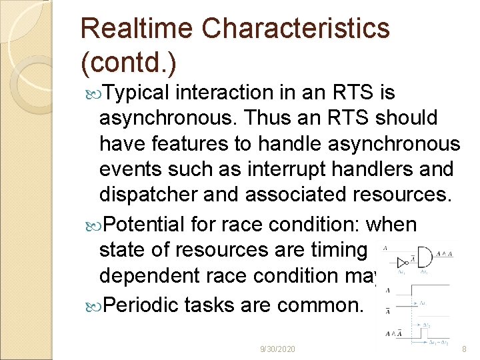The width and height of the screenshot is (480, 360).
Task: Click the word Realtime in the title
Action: point(137,28)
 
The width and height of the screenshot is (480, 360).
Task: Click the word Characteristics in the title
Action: point(296,28)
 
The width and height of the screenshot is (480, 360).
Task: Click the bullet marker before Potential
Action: point(93,225)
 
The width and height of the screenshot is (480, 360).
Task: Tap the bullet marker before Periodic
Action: point(93,305)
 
